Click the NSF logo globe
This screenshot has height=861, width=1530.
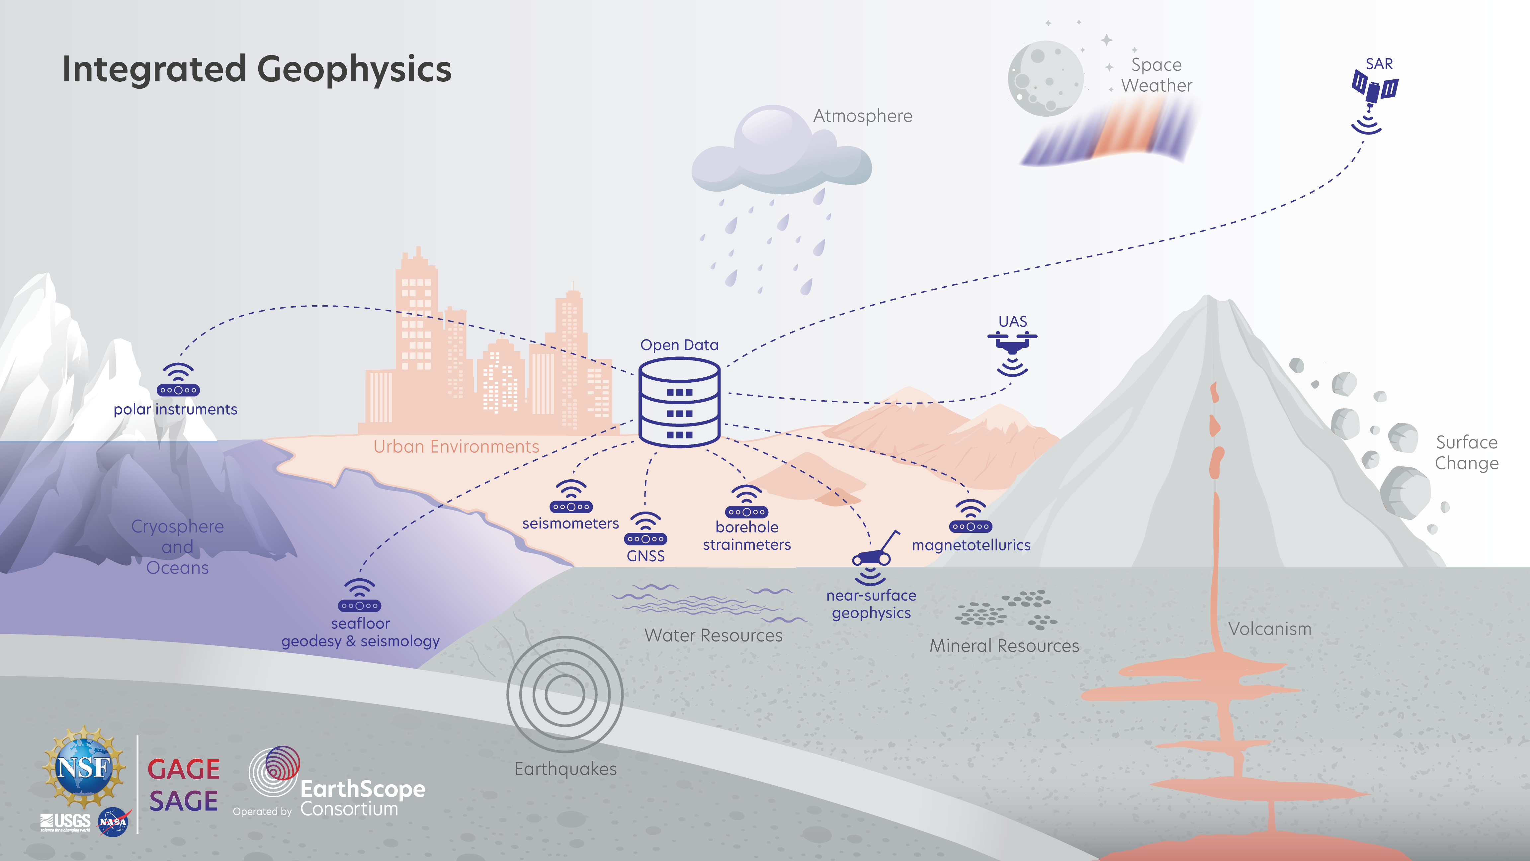point(84,767)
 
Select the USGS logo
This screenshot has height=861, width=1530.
point(65,822)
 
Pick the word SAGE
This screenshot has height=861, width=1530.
point(184,801)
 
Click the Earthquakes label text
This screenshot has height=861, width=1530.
point(565,769)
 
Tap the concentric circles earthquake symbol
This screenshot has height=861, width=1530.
point(565,694)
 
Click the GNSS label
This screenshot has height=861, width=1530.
point(645,556)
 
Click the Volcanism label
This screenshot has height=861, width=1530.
point(1270,629)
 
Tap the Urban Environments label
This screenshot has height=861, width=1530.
point(456,446)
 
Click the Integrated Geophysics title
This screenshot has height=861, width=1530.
point(257,69)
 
